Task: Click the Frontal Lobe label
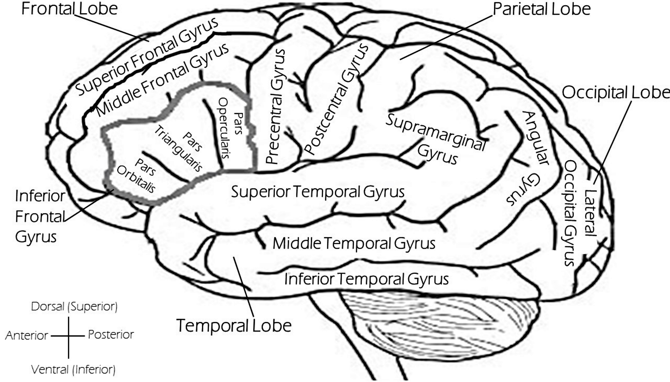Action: pyautogui.click(x=69, y=9)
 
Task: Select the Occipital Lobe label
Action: pyautogui.click(x=616, y=93)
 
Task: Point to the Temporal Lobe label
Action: pyautogui.click(x=234, y=325)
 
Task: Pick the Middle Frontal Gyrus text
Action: pyautogui.click(x=163, y=80)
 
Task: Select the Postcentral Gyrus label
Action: pyautogui.click(x=336, y=100)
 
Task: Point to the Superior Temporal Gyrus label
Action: pyautogui.click(x=318, y=192)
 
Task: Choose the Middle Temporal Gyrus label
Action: pyautogui.click(x=354, y=243)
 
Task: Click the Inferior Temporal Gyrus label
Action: pyautogui.click(x=366, y=279)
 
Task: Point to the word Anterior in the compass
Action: pyautogui.click(x=27, y=336)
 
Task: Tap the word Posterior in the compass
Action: pyautogui.click(x=111, y=335)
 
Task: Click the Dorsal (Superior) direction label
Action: pyautogui.click(x=74, y=307)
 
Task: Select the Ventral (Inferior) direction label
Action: pyautogui.click(x=73, y=369)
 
